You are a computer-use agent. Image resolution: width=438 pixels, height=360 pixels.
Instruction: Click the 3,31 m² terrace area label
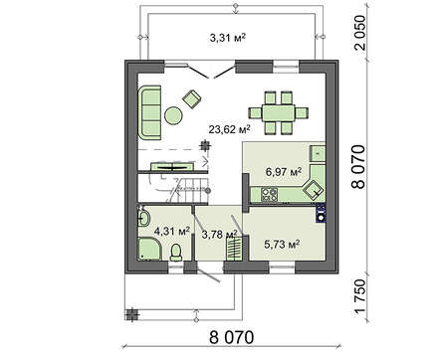(228, 38)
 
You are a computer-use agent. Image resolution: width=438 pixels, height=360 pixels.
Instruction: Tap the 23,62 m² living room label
(228, 128)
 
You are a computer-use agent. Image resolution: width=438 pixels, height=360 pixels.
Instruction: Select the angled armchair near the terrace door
(189, 97)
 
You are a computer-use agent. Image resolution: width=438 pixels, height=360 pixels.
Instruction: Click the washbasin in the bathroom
(145, 219)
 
